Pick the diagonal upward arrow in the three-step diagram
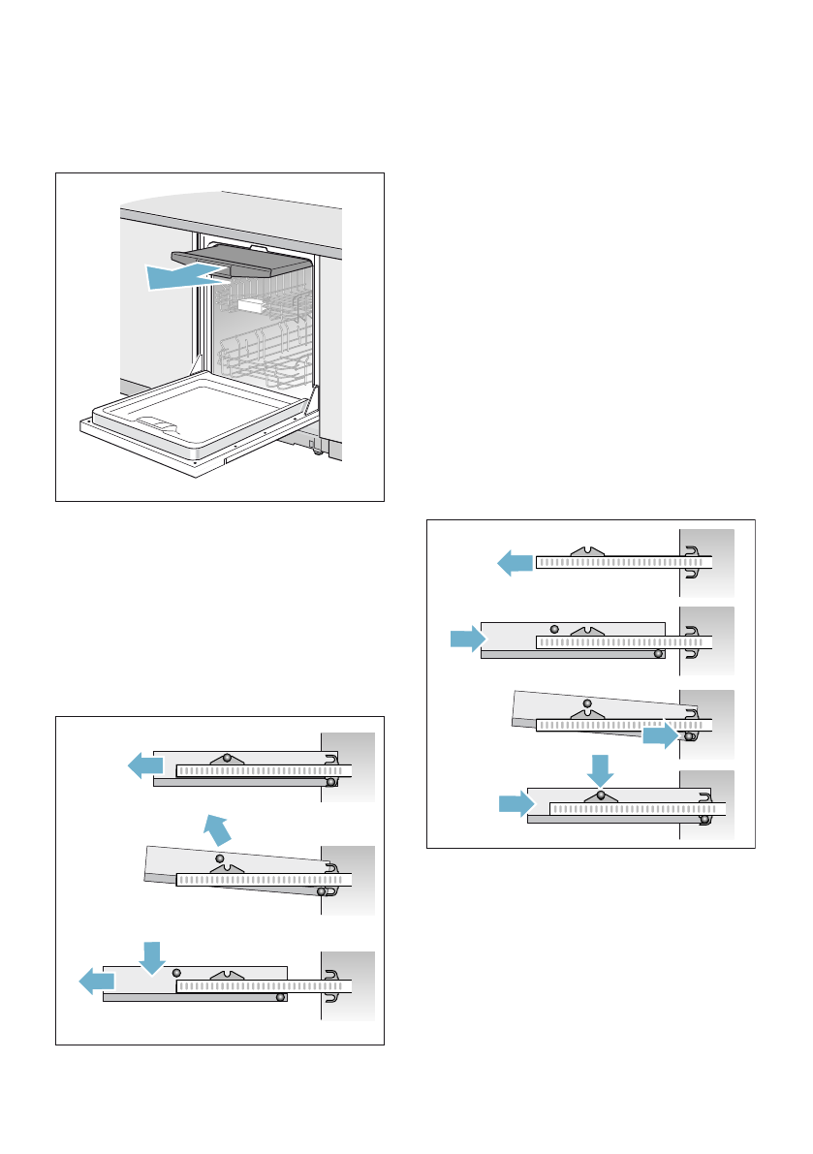(217, 829)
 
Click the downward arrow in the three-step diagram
(152, 956)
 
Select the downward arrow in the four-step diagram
(601, 770)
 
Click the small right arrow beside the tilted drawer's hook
(660, 738)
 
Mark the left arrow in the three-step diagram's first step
(146, 766)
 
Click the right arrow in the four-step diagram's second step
(467, 639)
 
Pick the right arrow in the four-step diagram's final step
(516, 803)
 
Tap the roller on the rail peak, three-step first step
(227, 757)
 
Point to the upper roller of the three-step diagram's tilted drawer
(220, 858)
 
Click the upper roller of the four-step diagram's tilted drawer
(587, 703)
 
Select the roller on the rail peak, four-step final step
(602, 795)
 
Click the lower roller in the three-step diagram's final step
(279, 995)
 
